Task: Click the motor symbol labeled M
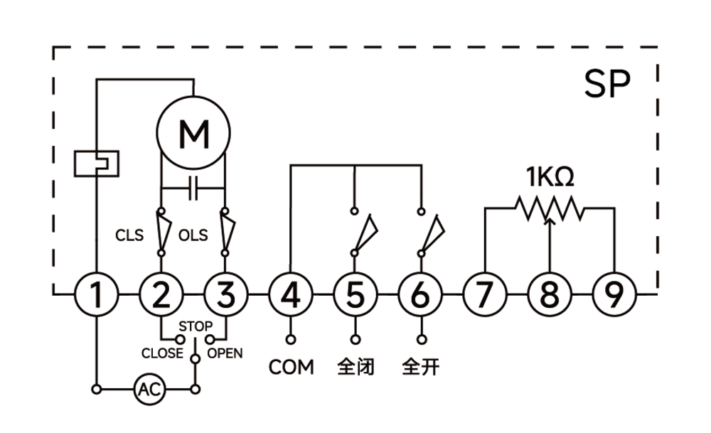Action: (193, 133)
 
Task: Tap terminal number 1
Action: (96, 295)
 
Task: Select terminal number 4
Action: (291, 295)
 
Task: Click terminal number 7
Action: (485, 295)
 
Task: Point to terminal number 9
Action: (614, 295)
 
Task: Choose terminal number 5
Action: (355, 295)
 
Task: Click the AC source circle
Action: (149, 389)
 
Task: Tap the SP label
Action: (607, 84)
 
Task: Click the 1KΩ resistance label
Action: (550, 177)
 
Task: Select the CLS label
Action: (129, 235)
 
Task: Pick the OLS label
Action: (193, 235)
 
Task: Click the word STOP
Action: (196, 326)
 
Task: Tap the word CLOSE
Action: (162, 353)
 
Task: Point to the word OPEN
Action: (225, 353)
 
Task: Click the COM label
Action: (291, 368)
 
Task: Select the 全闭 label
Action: (356, 367)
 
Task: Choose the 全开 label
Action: (421, 367)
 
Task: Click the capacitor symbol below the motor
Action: (193, 188)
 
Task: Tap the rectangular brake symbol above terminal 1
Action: (97, 164)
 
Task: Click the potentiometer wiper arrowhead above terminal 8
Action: (550, 221)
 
